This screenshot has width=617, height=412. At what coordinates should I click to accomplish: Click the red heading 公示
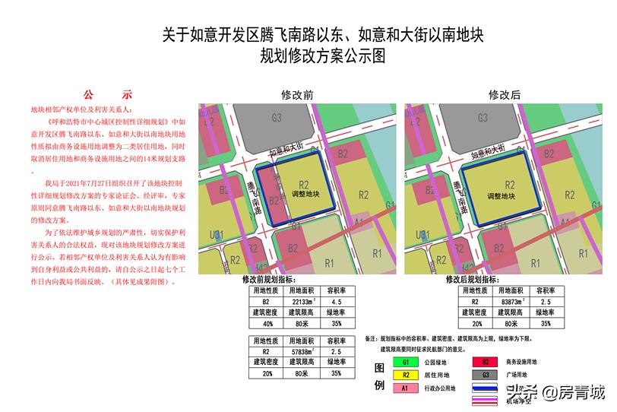(107, 95)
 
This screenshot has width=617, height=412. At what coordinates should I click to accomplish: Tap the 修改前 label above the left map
(297, 95)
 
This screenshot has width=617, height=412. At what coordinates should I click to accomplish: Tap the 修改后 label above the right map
(505, 95)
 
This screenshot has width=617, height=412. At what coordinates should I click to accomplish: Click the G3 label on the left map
(277, 117)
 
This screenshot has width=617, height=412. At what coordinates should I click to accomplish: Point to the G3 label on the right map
(483, 117)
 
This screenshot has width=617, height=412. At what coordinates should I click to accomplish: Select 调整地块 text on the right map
(509, 195)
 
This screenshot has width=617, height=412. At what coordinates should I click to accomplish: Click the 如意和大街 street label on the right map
(494, 149)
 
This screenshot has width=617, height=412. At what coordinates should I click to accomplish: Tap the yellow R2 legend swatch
(407, 375)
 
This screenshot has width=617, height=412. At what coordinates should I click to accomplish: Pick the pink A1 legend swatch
(407, 388)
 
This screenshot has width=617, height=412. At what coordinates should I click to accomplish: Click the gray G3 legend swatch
(486, 375)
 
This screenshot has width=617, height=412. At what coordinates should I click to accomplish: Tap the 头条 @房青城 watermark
(558, 392)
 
